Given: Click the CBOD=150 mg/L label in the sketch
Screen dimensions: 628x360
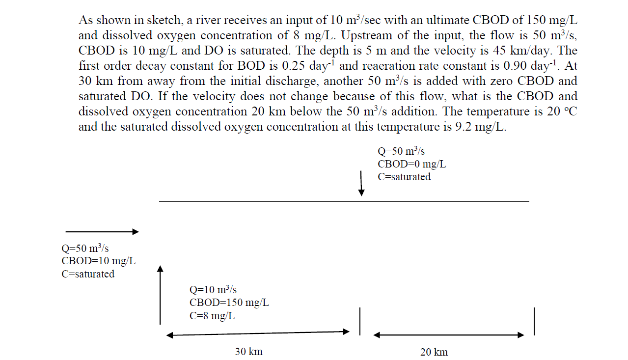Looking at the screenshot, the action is (x=229, y=303).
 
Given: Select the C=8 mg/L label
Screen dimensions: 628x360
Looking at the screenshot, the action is (x=212, y=316).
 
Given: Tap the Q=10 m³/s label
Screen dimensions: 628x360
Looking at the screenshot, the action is (x=213, y=290).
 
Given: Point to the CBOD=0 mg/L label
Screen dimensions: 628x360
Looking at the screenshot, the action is (x=411, y=164).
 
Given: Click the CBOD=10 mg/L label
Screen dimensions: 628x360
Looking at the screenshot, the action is (x=98, y=261).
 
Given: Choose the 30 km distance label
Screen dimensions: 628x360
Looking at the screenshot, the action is (x=248, y=352).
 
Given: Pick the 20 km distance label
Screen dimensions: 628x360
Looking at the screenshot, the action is (x=434, y=352).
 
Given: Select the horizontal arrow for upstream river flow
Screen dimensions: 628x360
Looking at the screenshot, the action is (x=102, y=231).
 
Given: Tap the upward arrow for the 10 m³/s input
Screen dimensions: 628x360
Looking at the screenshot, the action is (x=160, y=295).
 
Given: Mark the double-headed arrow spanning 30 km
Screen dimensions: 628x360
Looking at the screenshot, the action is (x=258, y=333).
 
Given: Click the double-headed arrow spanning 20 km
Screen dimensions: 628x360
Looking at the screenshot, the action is (x=449, y=335).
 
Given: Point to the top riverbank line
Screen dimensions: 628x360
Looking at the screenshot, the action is (x=344, y=201).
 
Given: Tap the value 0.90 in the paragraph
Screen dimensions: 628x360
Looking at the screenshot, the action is (x=508, y=66).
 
